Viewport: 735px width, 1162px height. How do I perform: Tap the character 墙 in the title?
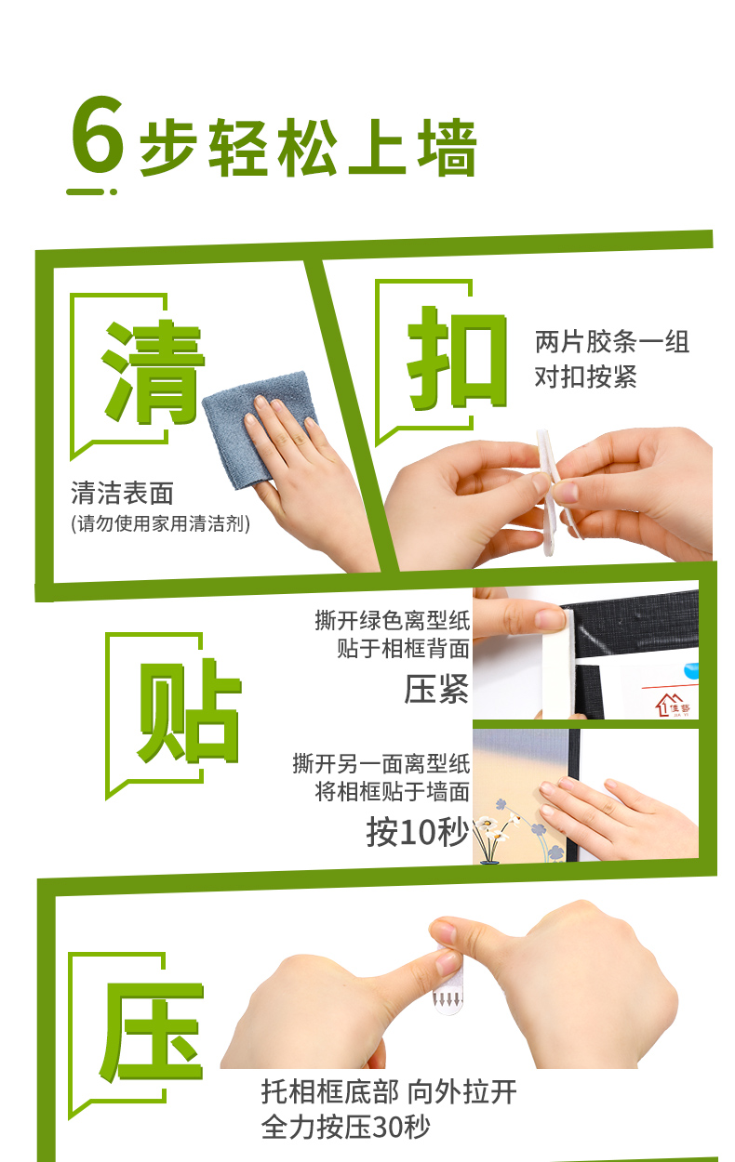point(448,147)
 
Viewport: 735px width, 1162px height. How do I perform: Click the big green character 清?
point(154,372)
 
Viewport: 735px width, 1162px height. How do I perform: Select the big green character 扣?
point(457,357)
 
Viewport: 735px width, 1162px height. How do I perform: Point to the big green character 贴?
point(189,710)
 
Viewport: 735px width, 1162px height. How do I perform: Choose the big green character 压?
point(151,1033)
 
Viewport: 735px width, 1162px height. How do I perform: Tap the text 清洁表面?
point(123,493)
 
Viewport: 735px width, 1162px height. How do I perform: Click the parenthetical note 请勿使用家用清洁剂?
point(160,523)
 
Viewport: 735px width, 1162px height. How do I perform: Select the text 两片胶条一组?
point(612,342)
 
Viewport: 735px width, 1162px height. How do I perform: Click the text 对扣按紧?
point(586,376)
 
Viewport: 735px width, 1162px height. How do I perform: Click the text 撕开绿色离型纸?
point(393,620)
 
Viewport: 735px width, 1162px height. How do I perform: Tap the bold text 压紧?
point(436,689)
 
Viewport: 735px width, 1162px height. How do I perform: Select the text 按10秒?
point(418,832)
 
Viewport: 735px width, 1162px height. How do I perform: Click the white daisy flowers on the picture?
point(497,827)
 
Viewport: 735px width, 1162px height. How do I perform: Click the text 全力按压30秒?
point(346,1127)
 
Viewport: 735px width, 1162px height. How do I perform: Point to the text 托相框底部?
point(329,1091)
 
